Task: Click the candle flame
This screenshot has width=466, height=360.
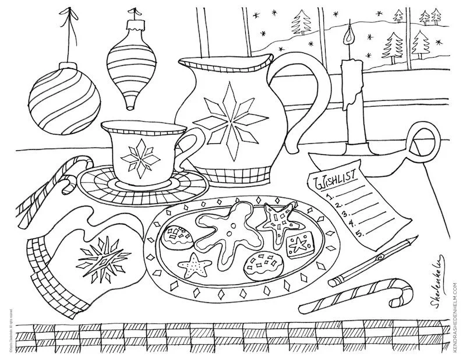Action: pos(349,37)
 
